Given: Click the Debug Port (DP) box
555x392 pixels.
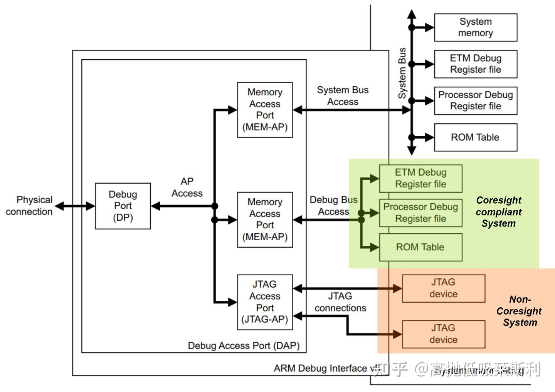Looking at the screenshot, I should (x=123, y=206).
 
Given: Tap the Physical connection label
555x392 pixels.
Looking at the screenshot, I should (x=29, y=206).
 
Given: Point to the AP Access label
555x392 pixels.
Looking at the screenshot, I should (x=187, y=187).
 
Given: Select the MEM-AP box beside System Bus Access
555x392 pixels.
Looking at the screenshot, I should (x=265, y=110).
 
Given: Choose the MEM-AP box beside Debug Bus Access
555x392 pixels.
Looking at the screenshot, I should (x=265, y=219).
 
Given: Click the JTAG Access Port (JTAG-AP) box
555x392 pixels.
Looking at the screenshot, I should (x=265, y=302).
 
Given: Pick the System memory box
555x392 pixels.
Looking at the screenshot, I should (x=475, y=27).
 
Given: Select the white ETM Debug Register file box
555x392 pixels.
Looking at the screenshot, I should (x=475, y=64).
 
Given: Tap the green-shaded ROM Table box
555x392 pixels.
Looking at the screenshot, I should (x=420, y=247).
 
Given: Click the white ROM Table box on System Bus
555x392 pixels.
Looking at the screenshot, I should (x=475, y=137).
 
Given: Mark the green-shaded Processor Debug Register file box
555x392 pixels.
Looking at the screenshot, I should (x=420, y=213).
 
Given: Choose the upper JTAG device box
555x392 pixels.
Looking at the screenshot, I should (x=443, y=288).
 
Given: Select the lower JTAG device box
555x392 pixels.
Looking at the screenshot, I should (x=443, y=334).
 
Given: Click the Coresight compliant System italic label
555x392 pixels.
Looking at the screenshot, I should (x=498, y=212).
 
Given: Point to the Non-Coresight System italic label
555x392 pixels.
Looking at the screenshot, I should (x=519, y=311).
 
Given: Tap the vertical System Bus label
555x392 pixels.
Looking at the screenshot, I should (x=402, y=73).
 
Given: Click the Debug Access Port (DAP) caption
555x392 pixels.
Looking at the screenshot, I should (x=244, y=346).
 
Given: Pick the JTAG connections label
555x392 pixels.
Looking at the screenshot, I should (x=340, y=302).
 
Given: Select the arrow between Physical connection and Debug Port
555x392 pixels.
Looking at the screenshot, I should (x=75, y=206).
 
